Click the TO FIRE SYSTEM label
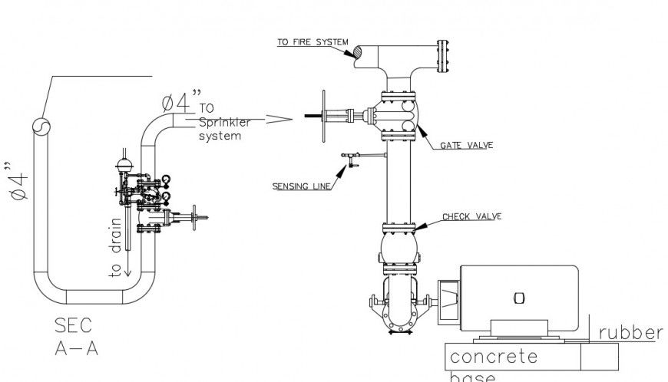pos(313,42)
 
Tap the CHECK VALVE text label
pos(471,217)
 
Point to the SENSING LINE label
pos(300,186)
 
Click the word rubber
pos(630,333)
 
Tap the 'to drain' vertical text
pos(115,247)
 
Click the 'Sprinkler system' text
pos(220,129)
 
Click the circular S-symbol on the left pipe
pos(40,127)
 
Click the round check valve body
pos(398,249)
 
